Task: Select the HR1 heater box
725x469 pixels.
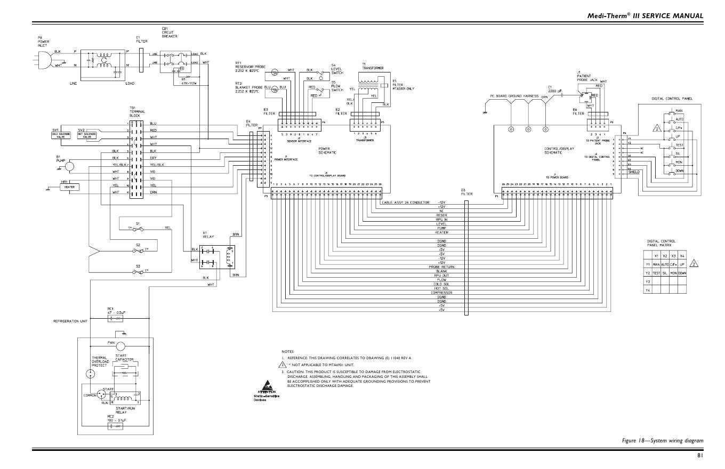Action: pos(69,187)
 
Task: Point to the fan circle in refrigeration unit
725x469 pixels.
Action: pos(116,345)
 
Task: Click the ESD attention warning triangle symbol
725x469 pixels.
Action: pos(268,386)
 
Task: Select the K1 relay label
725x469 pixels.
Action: pos(205,234)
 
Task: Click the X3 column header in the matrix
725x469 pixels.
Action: pos(673,256)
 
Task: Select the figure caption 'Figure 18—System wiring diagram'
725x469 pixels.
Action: pos(662,440)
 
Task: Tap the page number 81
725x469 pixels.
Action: pos(700,455)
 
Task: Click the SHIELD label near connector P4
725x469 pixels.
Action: pos(634,172)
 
